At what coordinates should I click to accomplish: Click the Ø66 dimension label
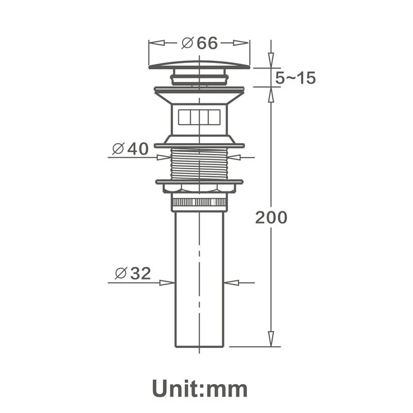(200, 43)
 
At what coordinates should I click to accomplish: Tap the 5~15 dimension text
(295, 78)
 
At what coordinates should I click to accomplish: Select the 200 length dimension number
(271, 217)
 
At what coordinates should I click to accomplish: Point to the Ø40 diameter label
(131, 149)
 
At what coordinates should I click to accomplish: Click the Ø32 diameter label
(133, 273)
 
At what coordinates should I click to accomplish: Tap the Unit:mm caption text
(200, 389)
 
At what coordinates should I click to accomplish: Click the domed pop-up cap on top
(199, 65)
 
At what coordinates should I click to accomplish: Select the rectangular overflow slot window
(199, 117)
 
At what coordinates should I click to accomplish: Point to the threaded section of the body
(199, 164)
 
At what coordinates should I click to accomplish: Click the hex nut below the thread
(199, 187)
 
